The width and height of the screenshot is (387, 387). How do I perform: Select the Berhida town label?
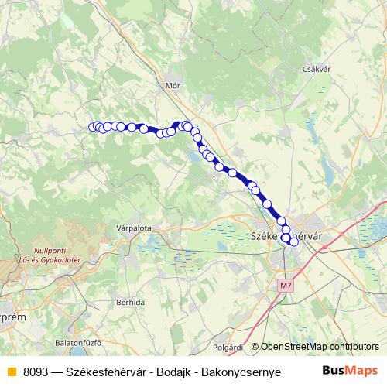pyautogui.click(x=128, y=302)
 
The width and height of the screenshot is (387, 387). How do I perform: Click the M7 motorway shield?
pyautogui.click(x=286, y=286)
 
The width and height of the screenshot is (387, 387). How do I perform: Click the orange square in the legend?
pyautogui.click(x=11, y=370)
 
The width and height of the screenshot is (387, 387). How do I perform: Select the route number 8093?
pyautogui.click(x=36, y=370)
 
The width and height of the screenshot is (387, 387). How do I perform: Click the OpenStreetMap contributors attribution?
pyautogui.click(x=320, y=347)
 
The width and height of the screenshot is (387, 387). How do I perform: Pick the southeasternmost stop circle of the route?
pyautogui.click(x=293, y=242)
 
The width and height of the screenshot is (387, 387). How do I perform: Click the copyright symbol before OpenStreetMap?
pyautogui.click(x=255, y=347)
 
